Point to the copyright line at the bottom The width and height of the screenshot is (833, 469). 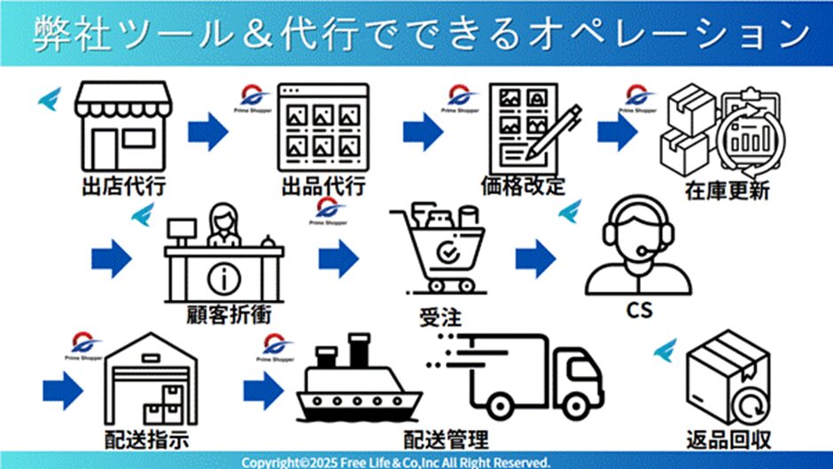pos(395,462)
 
